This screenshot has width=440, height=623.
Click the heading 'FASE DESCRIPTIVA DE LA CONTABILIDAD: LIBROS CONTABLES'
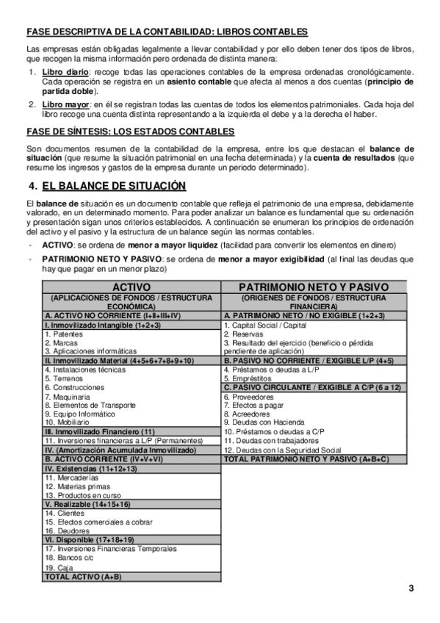coord(167,32)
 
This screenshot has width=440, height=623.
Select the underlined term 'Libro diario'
coord(65,73)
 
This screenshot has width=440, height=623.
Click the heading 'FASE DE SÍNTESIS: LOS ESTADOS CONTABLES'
coord(130,132)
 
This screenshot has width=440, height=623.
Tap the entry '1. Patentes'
coord(64,334)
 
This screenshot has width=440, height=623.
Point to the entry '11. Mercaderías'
coord(71,477)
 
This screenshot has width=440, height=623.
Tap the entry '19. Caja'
coord(59,567)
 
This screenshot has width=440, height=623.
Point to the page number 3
coord(411,588)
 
